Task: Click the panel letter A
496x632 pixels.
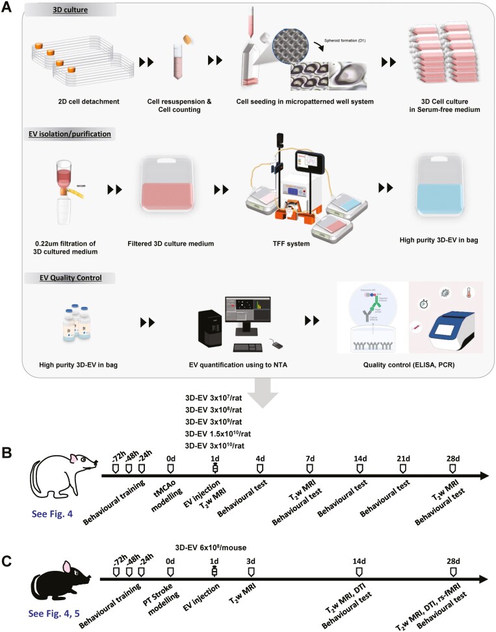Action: [8, 8]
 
